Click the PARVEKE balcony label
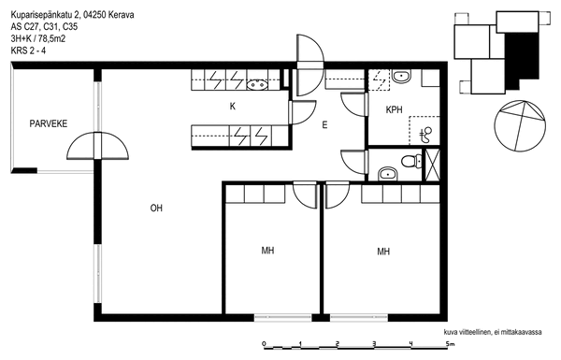pyautogui.click(x=49, y=123)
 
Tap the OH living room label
pyautogui.click(x=156, y=208)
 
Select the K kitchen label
pyautogui.click(x=233, y=107)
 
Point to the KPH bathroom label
pyautogui.click(x=394, y=109)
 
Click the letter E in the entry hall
pyautogui.click(x=324, y=125)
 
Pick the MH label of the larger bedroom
pyautogui.click(x=383, y=252)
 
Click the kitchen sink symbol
pyautogui.click(x=258, y=85)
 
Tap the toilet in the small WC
pyautogui.click(x=411, y=161)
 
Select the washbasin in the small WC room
pyautogui.click(x=387, y=174)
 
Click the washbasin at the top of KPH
pyautogui.click(x=401, y=76)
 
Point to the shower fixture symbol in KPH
pyautogui.click(x=425, y=135)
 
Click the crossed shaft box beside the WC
pyautogui.click(x=432, y=165)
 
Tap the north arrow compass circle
pyautogui.click(x=520, y=125)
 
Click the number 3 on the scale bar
pyautogui.click(x=374, y=344)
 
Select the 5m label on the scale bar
pyautogui.click(x=450, y=344)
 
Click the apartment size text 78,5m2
pyautogui.click(x=51, y=38)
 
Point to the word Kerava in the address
pyautogui.click(x=121, y=15)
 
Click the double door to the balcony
pyautogui.click(x=97, y=146)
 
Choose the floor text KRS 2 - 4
pyautogui.click(x=28, y=50)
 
